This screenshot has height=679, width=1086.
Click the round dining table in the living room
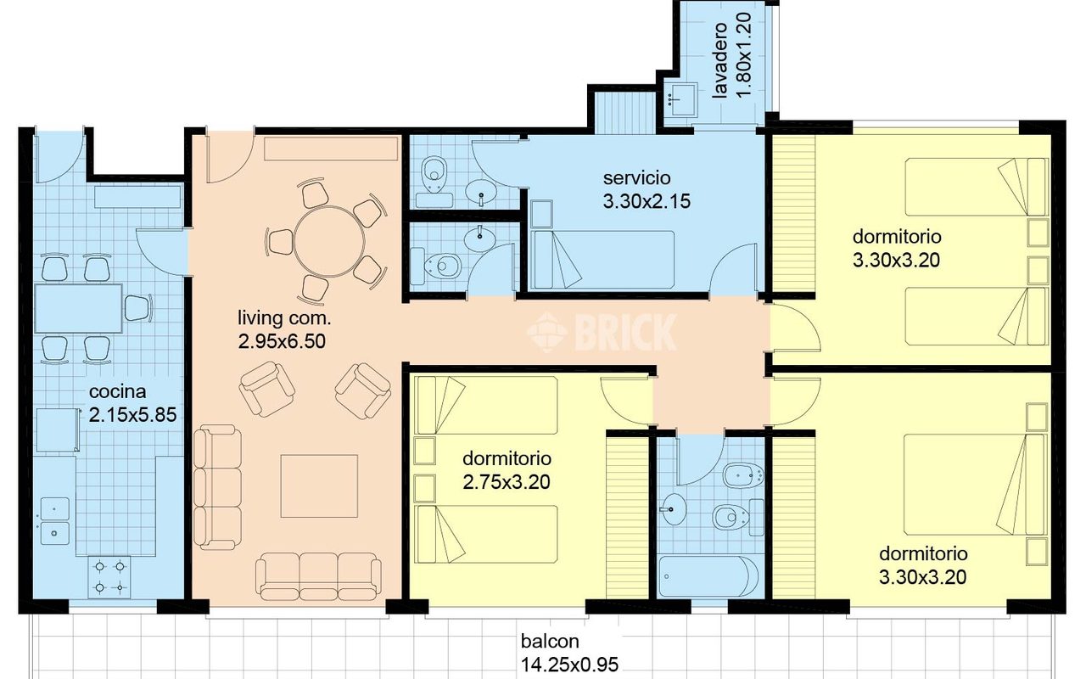(x=330, y=242)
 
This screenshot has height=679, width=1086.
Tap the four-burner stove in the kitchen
(x=109, y=576)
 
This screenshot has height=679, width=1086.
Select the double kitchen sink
(x=55, y=521)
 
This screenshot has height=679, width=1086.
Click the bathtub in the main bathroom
(x=708, y=577)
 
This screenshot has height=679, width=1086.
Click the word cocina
(x=118, y=391)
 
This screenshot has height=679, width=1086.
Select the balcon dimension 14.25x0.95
(x=569, y=665)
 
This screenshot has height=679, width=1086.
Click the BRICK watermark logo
(x=602, y=332)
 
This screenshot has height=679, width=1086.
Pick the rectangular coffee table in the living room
(x=319, y=486)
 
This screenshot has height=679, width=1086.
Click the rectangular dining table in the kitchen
(x=78, y=309)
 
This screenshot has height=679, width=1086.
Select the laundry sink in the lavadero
(x=680, y=99)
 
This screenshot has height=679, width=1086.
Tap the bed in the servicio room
(x=602, y=260)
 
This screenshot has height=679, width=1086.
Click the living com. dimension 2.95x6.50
(x=282, y=341)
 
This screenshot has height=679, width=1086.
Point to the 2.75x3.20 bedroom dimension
(x=507, y=482)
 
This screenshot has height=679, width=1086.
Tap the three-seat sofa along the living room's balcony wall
(x=318, y=577)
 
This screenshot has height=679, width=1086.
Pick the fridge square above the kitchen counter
(x=57, y=430)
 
